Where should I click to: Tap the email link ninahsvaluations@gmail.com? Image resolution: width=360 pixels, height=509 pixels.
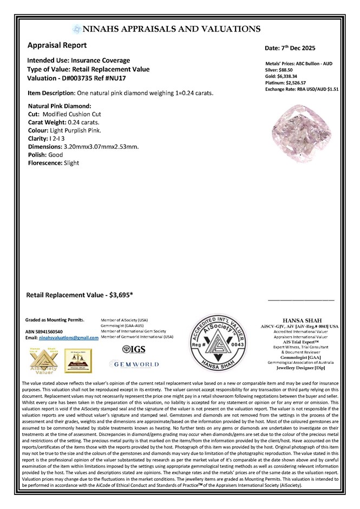69,337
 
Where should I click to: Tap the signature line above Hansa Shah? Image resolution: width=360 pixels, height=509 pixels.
301,299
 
